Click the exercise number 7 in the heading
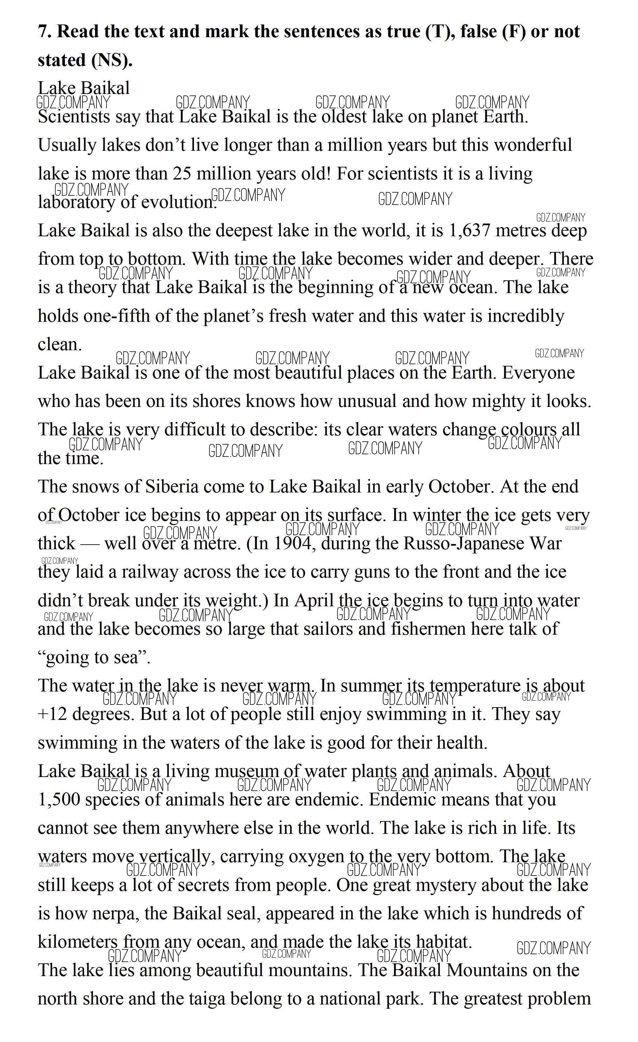pyautogui.click(x=43, y=32)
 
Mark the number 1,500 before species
pyautogui.click(x=59, y=800)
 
